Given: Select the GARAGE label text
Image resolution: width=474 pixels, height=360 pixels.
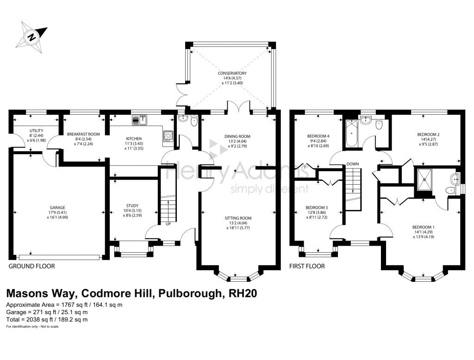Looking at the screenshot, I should tap(57, 207).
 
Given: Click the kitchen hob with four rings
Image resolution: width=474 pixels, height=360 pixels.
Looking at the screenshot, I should tap(168, 136).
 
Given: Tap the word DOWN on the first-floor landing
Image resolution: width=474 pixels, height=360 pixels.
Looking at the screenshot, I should tap(353, 164).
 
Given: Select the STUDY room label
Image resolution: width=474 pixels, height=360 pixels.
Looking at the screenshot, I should tap(132, 206).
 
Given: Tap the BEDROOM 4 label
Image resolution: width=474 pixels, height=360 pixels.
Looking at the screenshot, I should tap(318, 136).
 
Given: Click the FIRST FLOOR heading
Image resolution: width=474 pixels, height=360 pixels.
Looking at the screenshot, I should tap(306, 266).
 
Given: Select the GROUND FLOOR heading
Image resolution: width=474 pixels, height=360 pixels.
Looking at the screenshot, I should tap(31, 266).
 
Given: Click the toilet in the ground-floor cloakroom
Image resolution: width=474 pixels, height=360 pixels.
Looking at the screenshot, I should tap(193, 121).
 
